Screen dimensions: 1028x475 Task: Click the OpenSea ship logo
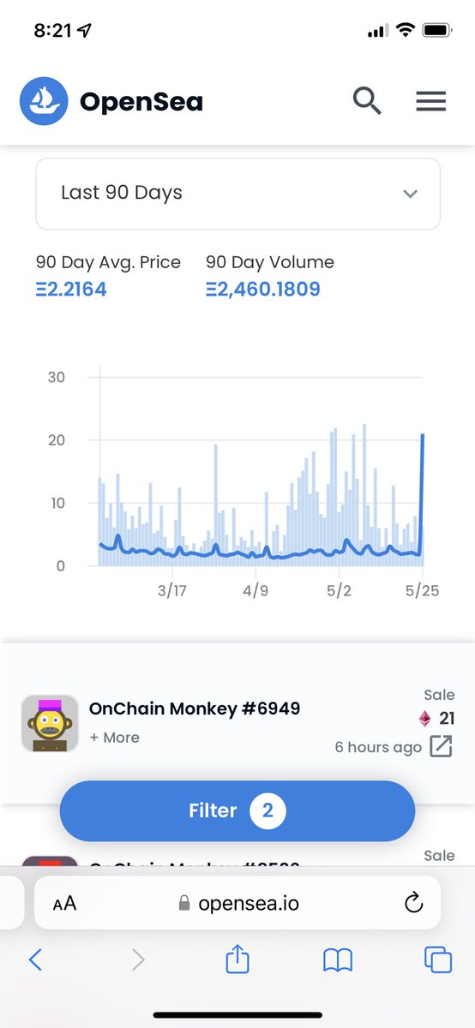[x=44, y=102]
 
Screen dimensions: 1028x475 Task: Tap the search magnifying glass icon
[x=367, y=101]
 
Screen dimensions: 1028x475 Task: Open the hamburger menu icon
[x=430, y=101]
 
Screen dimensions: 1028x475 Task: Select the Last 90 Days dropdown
[x=237, y=193]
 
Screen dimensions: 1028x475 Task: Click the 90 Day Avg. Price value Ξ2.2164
[x=71, y=289]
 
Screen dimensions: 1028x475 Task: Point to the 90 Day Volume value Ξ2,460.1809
[x=263, y=289]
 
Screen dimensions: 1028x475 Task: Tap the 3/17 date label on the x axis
[x=172, y=591]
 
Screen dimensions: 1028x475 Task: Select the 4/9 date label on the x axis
[x=256, y=591]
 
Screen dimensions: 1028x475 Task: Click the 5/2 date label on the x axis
[x=339, y=591]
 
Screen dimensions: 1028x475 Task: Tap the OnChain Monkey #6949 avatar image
[x=50, y=723]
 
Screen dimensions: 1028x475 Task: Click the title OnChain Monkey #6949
[x=195, y=708]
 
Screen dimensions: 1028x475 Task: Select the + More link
[x=114, y=738]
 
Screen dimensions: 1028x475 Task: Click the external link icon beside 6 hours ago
[x=440, y=746]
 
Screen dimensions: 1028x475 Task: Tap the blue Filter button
[x=237, y=810]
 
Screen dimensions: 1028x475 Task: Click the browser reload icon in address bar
[x=412, y=903]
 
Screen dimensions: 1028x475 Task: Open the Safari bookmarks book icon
[x=338, y=960]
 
